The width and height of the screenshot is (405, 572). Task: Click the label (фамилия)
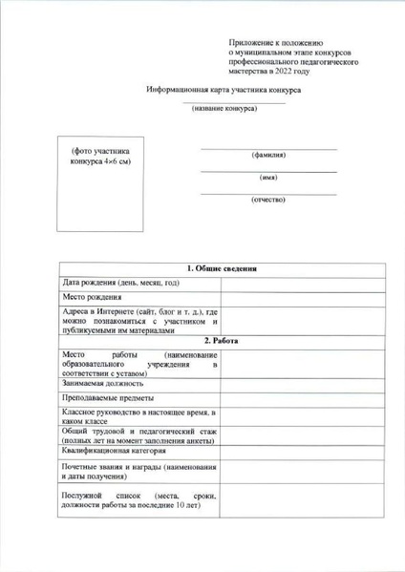268,155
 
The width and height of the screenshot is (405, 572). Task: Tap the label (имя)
268,178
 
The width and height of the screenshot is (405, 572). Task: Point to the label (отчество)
268,201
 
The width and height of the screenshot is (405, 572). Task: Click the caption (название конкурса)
229,109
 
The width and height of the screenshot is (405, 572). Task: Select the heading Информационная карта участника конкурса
224,88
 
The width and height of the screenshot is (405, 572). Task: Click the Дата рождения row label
120,284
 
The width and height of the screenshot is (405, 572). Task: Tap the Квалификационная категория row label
118,451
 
